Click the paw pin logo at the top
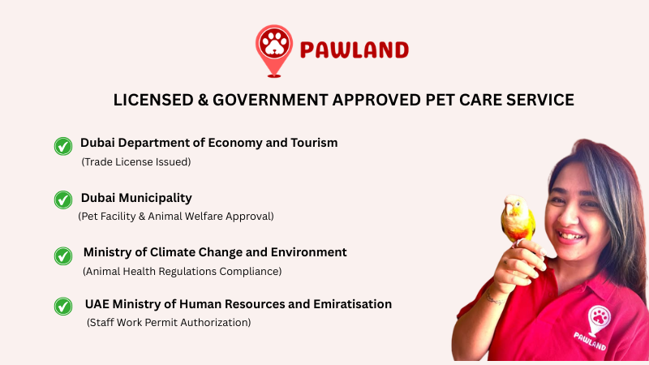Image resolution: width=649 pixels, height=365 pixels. [273, 48]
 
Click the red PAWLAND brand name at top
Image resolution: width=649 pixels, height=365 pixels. [354, 50]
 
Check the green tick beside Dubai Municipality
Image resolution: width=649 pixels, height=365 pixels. [63, 200]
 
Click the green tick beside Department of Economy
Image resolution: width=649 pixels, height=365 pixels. [63, 146]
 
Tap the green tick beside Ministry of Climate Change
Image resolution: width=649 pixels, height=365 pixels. [63, 255]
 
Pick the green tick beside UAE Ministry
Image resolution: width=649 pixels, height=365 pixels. [63, 307]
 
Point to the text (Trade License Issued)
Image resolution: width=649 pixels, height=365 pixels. [136, 161]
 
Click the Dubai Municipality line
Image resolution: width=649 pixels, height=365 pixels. [136, 197]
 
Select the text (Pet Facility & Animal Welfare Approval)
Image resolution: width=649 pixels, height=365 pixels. [176, 217]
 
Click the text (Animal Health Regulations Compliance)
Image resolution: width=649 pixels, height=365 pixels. [183, 271]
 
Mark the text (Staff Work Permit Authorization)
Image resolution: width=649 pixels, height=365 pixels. [169, 323]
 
